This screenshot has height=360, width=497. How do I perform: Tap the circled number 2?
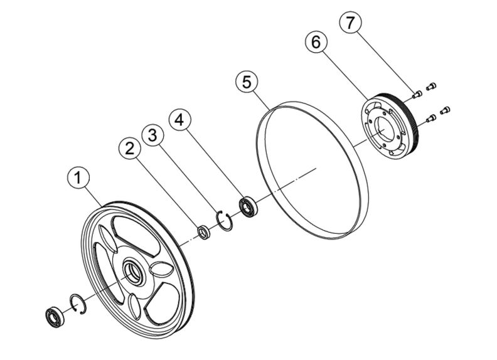[130, 149]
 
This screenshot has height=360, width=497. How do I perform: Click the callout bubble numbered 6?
[316, 43]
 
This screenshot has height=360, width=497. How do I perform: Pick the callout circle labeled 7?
[350, 24]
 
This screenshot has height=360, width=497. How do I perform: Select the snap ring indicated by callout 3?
[225, 220]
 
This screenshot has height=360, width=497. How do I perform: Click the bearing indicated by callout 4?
[248, 207]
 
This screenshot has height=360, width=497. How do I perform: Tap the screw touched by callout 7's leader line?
[416, 95]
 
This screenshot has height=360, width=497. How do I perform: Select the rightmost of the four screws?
[446, 110]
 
